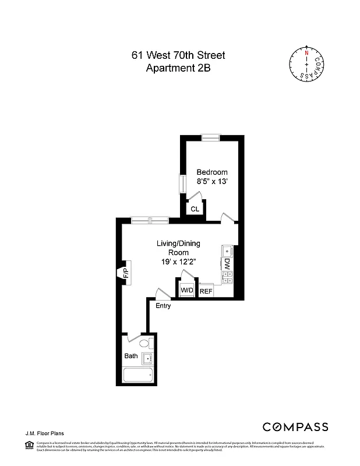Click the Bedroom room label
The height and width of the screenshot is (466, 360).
tap(212, 172)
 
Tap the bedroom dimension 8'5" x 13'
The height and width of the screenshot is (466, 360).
tap(212, 182)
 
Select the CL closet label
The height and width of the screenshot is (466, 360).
tap(195, 209)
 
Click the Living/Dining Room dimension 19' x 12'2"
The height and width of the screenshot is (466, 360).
tap(179, 262)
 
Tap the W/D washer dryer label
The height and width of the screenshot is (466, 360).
tap(186, 290)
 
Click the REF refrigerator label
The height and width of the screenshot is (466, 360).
tap(206, 291)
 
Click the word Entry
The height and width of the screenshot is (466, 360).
tap(163, 306)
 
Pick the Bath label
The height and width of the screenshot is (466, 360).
tap(130, 355)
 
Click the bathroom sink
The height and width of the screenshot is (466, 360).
tap(147, 358)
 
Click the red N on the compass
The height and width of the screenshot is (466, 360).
tap(306, 52)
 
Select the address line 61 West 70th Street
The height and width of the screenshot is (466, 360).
tap(178, 56)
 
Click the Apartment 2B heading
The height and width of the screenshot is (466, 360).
tap(178, 68)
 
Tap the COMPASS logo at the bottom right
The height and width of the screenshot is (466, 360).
tap(295, 427)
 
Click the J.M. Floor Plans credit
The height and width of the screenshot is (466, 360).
tap(44, 433)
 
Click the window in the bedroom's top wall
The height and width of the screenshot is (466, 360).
tap(210, 137)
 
